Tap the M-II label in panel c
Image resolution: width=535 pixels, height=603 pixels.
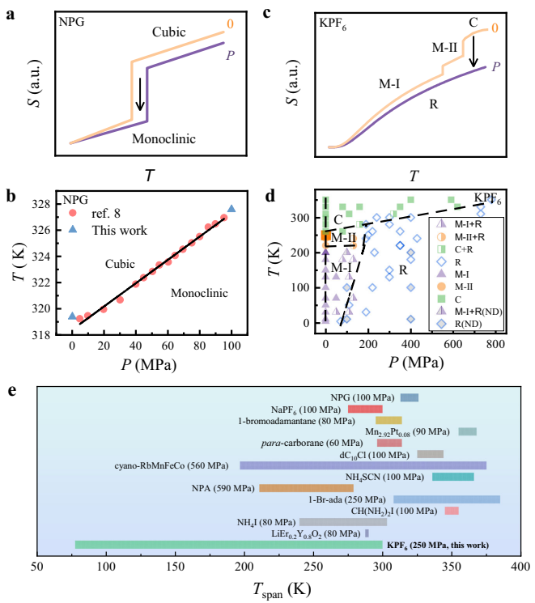coord(444,48)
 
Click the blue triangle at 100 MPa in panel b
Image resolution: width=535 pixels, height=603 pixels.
coord(232,208)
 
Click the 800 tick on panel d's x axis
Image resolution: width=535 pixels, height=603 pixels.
coord(495,343)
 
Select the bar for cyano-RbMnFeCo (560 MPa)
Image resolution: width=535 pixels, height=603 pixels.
coord(363,465)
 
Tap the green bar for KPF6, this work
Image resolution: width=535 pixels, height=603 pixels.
coord(228,545)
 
